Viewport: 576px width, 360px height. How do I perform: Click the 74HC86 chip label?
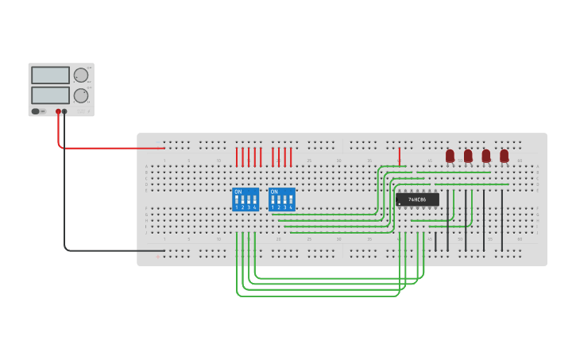[x=417, y=199]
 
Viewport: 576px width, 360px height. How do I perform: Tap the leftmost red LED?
[x=450, y=156]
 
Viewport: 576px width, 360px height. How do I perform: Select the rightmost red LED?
[x=504, y=156]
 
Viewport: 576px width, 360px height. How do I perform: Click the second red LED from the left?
[x=468, y=156]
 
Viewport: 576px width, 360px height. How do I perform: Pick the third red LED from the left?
[x=486, y=156]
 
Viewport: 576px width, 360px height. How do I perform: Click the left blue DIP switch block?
[x=245, y=199]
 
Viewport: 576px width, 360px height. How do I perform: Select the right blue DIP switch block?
[x=282, y=199]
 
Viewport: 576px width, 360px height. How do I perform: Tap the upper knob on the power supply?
[x=81, y=75]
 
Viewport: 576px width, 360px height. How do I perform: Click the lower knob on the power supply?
[x=81, y=95]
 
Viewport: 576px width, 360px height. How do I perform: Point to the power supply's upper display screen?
[x=50, y=75]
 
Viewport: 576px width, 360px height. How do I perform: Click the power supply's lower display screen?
[x=50, y=95]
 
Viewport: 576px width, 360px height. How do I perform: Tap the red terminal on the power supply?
[x=58, y=112]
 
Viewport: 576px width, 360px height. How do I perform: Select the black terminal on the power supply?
[x=65, y=112]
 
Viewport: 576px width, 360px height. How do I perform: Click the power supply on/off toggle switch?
[x=36, y=111]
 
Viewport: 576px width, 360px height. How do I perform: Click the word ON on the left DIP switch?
[x=238, y=192]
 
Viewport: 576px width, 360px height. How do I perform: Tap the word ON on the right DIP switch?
[x=274, y=192]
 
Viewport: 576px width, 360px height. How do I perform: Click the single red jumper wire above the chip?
[x=399, y=155]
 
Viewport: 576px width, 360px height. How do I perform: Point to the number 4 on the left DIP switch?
[x=254, y=207]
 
